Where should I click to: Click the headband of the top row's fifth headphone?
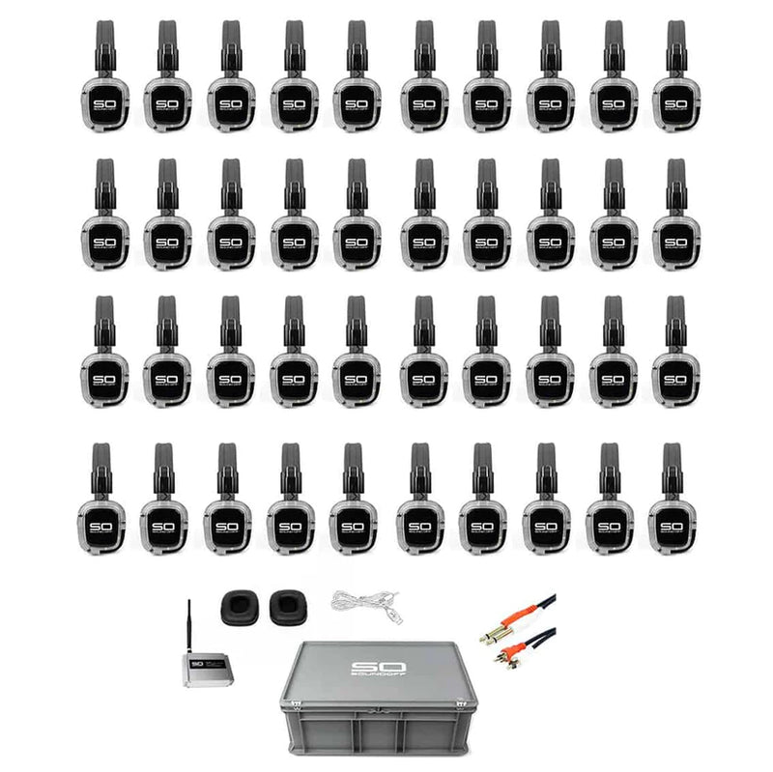pos(357,43)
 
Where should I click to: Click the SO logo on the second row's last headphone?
pos(675,242)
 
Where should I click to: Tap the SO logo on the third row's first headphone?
pos(104,379)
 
